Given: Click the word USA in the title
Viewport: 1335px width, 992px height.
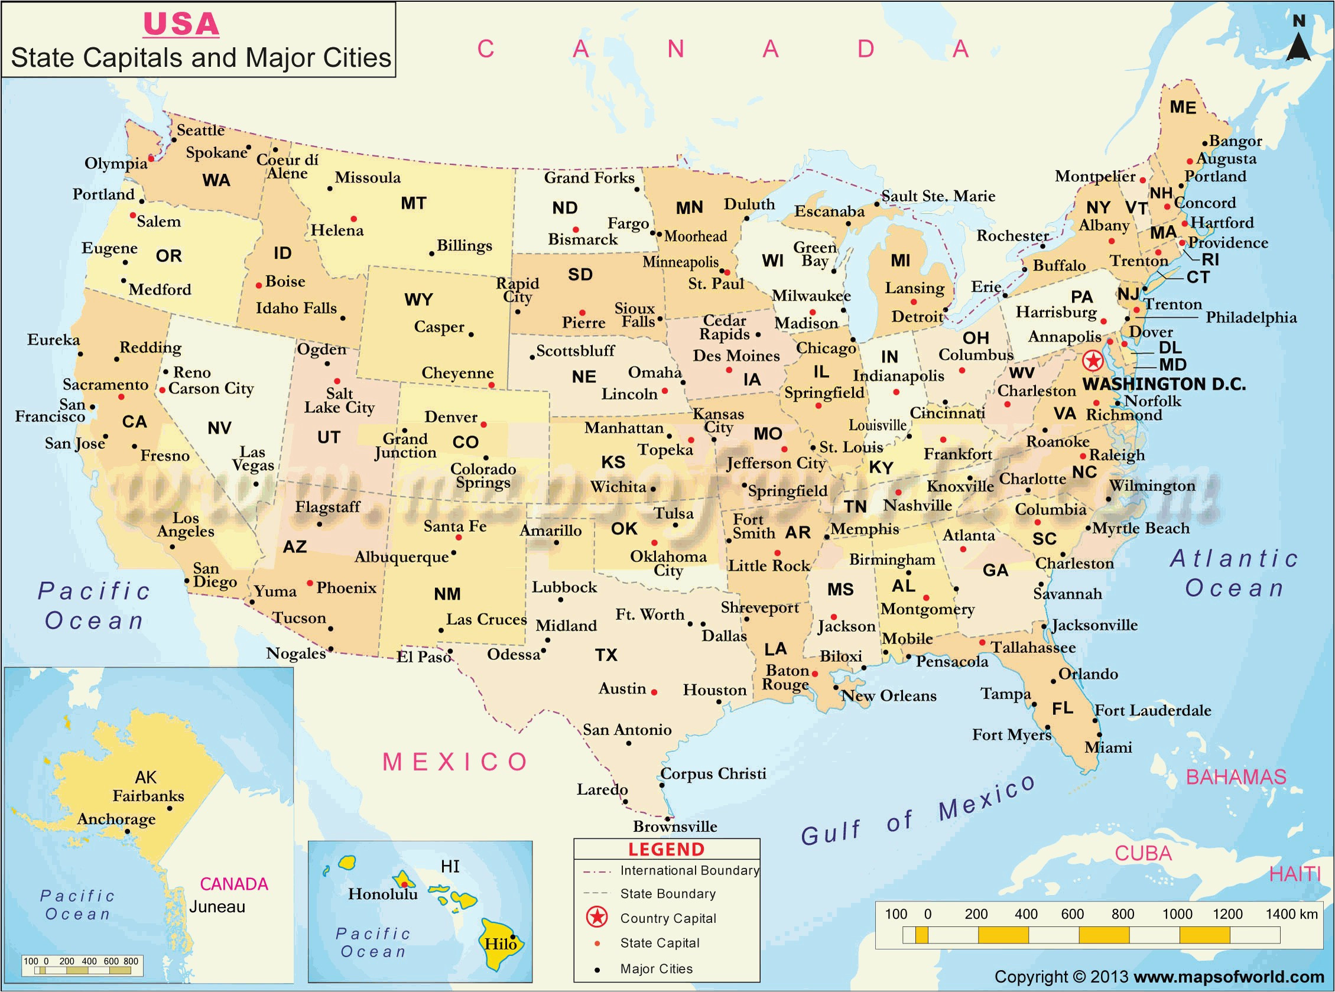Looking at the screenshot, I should point(181,24).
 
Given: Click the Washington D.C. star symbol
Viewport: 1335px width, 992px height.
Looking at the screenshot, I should point(1093,361).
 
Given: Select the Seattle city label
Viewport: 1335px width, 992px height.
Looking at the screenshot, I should point(200,131).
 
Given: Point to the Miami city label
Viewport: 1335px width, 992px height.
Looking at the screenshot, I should point(1108,747).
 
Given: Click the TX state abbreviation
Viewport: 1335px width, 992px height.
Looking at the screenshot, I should point(606,655).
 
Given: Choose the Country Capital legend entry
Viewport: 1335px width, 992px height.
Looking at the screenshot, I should point(668,918).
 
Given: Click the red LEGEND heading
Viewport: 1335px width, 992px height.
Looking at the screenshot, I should point(666,850).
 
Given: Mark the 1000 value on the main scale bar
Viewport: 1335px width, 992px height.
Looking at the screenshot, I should point(1177,914).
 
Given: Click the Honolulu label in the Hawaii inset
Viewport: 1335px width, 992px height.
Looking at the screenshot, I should point(382,894).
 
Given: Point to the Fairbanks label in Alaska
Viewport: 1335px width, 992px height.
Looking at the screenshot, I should point(148,796).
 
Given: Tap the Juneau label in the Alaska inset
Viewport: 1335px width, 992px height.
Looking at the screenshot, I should point(217,907).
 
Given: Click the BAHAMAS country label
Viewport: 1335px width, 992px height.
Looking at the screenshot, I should point(1236,777).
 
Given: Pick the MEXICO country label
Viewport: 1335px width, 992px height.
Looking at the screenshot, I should point(455,762).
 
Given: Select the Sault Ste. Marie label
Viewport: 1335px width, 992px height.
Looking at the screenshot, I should point(938,196).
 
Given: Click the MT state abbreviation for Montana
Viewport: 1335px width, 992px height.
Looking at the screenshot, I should point(413,204).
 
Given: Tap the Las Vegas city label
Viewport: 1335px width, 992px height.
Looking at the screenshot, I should point(253,458).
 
